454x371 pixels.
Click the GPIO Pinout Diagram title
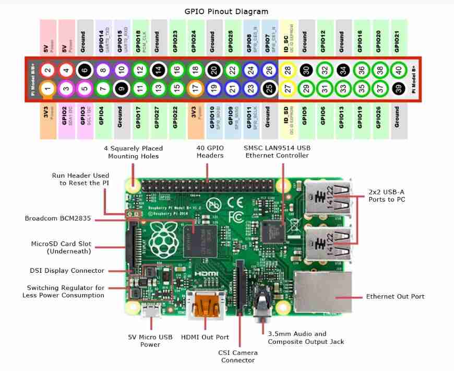(x=226, y=11)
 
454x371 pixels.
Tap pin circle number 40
(x=398, y=69)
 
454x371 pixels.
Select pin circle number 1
(x=47, y=89)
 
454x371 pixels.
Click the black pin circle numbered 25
(x=269, y=89)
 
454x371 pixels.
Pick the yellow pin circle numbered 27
(x=287, y=89)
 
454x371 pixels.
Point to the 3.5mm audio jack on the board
(x=259, y=308)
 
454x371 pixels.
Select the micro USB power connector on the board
(x=150, y=312)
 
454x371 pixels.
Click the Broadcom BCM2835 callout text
(x=58, y=218)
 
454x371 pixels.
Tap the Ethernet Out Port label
(x=395, y=296)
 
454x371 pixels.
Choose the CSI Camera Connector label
(x=237, y=356)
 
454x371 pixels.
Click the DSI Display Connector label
(x=67, y=271)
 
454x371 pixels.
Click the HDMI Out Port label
(x=205, y=337)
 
